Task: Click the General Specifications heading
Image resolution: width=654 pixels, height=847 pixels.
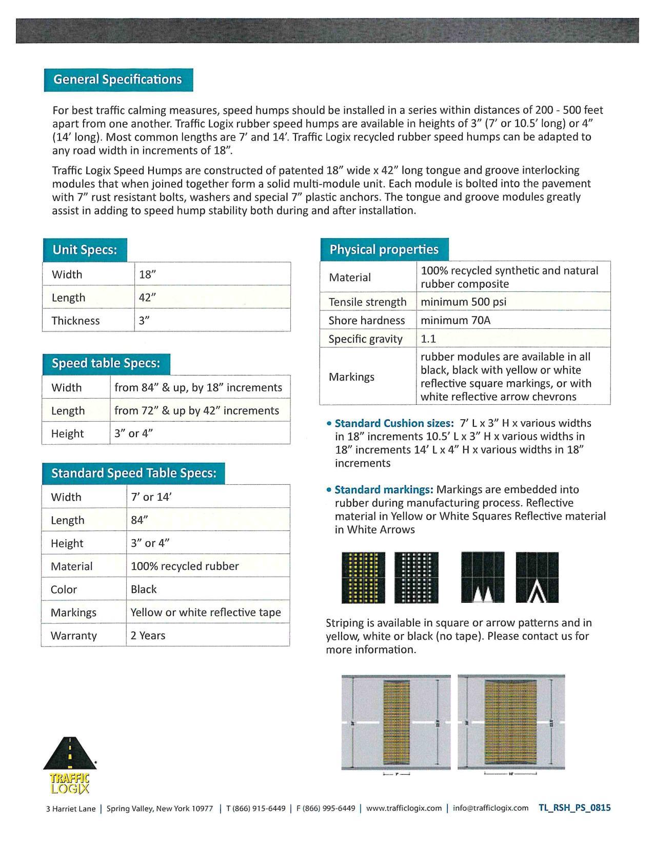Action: [x=118, y=80]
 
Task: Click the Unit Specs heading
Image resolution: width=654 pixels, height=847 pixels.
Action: [x=85, y=250]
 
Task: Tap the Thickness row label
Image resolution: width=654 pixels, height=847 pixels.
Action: [x=75, y=321]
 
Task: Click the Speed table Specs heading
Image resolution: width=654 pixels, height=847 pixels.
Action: [x=106, y=363]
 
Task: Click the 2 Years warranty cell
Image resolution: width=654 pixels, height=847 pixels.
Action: [x=148, y=636]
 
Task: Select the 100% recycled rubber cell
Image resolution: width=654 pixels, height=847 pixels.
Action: [x=185, y=566]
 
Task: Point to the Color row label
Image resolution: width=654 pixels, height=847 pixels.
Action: [x=64, y=589]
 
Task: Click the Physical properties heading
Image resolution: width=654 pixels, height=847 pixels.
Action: [x=384, y=250]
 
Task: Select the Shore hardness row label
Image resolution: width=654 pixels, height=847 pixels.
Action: [x=367, y=321]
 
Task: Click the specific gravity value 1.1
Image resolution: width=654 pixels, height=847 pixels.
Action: [x=428, y=339]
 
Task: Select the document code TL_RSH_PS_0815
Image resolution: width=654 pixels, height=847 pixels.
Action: [x=574, y=808]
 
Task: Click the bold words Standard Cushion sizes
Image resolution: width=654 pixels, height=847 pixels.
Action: [x=394, y=424]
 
